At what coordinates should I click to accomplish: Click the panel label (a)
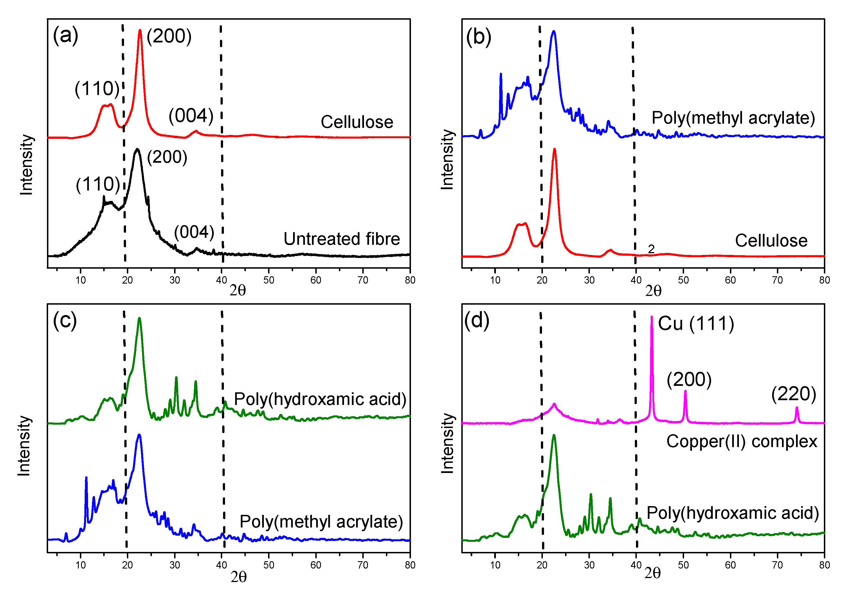(66, 36)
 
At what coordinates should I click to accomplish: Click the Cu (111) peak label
(696, 324)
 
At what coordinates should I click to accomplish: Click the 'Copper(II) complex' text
(741, 441)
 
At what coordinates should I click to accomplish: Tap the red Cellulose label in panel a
(356, 122)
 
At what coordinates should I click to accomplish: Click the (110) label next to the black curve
(98, 184)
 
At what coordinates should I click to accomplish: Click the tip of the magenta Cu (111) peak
(651, 317)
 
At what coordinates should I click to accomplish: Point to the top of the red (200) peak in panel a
(140, 30)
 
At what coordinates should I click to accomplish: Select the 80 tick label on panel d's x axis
(824, 565)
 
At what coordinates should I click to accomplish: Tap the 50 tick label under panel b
(683, 280)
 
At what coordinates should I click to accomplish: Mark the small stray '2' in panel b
(651, 249)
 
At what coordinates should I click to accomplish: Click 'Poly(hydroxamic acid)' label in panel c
(320, 399)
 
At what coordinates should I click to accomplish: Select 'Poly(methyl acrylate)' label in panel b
(733, 118)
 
